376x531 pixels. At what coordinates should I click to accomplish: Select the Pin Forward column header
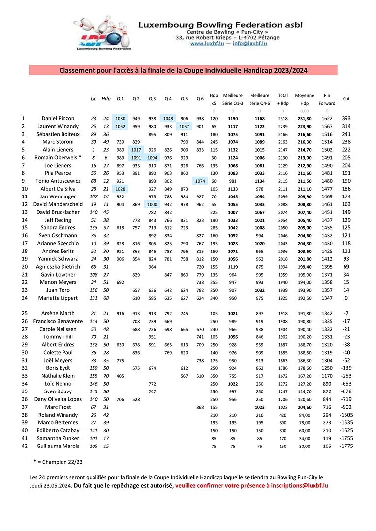point(327,99)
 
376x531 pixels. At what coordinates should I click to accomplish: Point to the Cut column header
point(346,99)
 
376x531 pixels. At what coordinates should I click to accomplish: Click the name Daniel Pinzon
point(58,118)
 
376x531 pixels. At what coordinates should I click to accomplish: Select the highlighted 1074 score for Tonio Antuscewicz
point(200,181)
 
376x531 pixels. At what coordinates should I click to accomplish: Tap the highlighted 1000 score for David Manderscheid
point(152,205)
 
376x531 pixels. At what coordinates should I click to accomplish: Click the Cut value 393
point(346,118)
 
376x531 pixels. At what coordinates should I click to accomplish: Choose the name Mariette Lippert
point(58,298)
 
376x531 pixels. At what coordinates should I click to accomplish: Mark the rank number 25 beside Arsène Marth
point(23,313)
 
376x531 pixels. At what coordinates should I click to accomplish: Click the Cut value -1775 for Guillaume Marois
point(345,446)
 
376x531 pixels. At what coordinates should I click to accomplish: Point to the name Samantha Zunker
point(58,438)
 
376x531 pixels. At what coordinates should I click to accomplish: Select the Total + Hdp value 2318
point(282,118)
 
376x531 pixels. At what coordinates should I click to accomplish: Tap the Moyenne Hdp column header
point(304,99)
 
